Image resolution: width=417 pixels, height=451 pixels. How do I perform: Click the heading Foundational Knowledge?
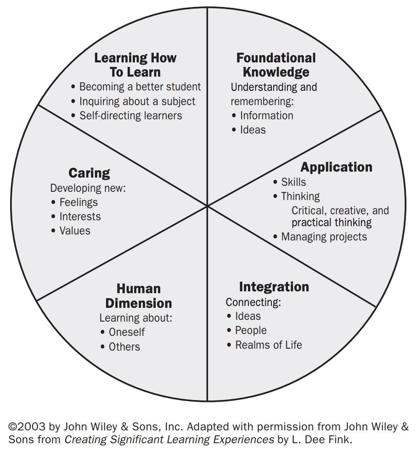pyautogui.click(x=276, y=65)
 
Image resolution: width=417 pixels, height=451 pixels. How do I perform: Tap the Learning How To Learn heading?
pyautogui.click(x=135, y=65)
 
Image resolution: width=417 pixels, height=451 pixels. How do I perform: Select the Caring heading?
pyautogui.click(x=89, y=173)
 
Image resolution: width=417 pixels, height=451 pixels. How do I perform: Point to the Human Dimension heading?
pyautogui.click(x=138, y=296)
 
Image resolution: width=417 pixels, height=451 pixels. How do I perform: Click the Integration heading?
pyautogui.click(x=274, y=287)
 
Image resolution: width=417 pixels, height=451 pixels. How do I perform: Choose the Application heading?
pyautogui.click(x=336, y=167)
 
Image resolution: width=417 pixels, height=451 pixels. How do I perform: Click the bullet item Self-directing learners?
pyautogui.click(x=130, y=116)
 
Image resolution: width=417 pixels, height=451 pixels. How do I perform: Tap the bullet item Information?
pyautogui.click(x=266, y=116)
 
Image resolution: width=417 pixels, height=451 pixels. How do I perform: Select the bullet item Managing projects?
pyautogui.click(x=324, y=237)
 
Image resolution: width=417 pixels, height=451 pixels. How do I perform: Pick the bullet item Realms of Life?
pyautogui.click(x=268, y=345)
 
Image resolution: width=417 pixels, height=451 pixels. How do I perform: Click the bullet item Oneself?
pyautogui.click(x=127, y=332)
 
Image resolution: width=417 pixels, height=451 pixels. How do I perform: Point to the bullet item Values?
pyautogui.click(x=75, y=231)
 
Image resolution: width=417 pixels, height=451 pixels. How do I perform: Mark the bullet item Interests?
pyautogui.click(x=80, y=217)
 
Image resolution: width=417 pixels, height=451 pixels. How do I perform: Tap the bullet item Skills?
pyautogui.click(x=293, y=182)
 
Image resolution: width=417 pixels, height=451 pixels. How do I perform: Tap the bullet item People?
pyautogui.click(x=251, y=331)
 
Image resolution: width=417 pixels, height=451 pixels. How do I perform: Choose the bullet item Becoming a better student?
pyautogui.click(x=140, y=87)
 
